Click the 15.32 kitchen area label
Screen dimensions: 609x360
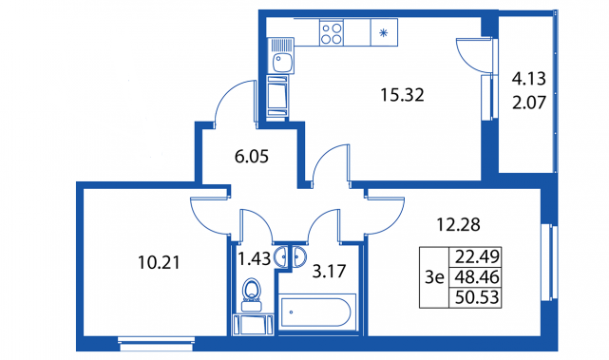402,95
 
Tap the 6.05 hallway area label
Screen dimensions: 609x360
252,157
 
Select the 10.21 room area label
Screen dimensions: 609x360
160,263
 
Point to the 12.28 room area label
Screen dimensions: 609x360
458,224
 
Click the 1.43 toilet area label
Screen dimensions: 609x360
254,258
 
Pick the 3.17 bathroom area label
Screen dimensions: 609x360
329,272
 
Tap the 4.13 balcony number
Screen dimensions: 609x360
529,79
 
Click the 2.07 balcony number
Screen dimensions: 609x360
529,103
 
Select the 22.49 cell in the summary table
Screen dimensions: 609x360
477,256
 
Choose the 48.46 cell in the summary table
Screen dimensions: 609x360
477,277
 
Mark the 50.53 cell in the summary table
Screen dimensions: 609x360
477,297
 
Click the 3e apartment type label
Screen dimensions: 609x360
434,277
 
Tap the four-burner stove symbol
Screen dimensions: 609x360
332,32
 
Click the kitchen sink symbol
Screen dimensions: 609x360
281,55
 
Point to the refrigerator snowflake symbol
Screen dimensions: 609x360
384,33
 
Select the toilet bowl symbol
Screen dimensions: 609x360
251,294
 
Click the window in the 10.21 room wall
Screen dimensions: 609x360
156,344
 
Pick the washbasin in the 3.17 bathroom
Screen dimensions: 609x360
298,256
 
